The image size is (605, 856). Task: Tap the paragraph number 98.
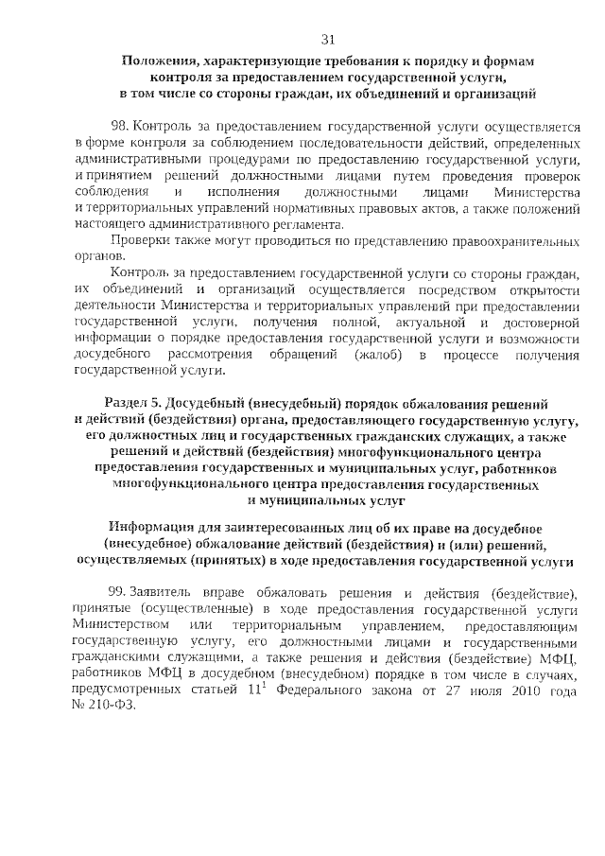pos(120,126)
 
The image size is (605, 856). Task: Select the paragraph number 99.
pos(120,593)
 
